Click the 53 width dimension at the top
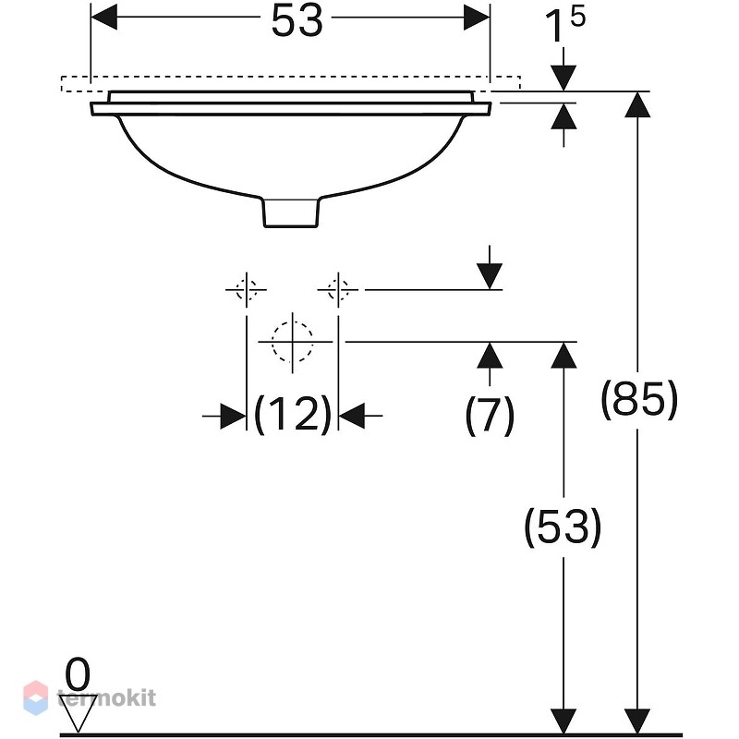pyautogui.click(x=297, y=21)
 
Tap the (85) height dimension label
pyautogui.click(x=639, y=399)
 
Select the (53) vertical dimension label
pyautogui.click(x=563, y=527)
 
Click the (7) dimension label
pyautogui.click(x=490, y=416)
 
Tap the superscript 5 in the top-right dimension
pyautogui.click(x=577, y=17)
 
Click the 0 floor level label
pyautogui.click(x=78, y=675)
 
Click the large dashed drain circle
pyautogui.click(x=292, y=342)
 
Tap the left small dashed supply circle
pyautogui.click(x=246, y=289)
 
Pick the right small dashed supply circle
pyautogui.click(x=338, y=289)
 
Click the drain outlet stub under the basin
pyautogui.click(x=291, y=212)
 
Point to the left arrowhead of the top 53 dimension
pyautogui.click(x=104, y=17)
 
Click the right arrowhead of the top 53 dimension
pyautogui.click(x=477, y=17)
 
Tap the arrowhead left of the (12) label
pyautogui.click(x=234, y=417)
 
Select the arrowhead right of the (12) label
pyautogui.click(x=352, y=417)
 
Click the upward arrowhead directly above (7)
pyautogui.click(x=490, y=355)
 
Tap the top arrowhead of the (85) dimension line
pyautogui.click(x=637, y=104)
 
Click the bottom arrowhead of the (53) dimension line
pyautogui.click(x=563, y=721)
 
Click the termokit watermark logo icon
pyautogui.click(x=36, y=697)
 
